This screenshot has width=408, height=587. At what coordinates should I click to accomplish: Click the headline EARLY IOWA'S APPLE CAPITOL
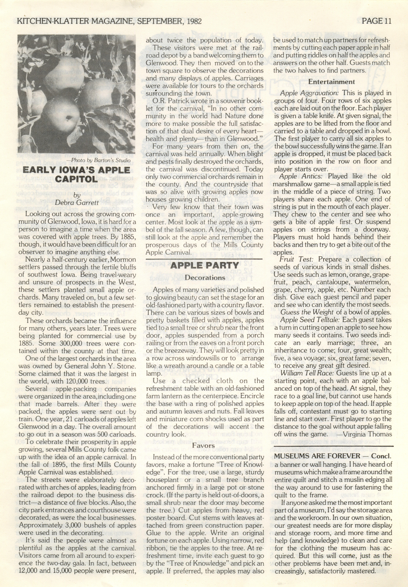tap(76, 175)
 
